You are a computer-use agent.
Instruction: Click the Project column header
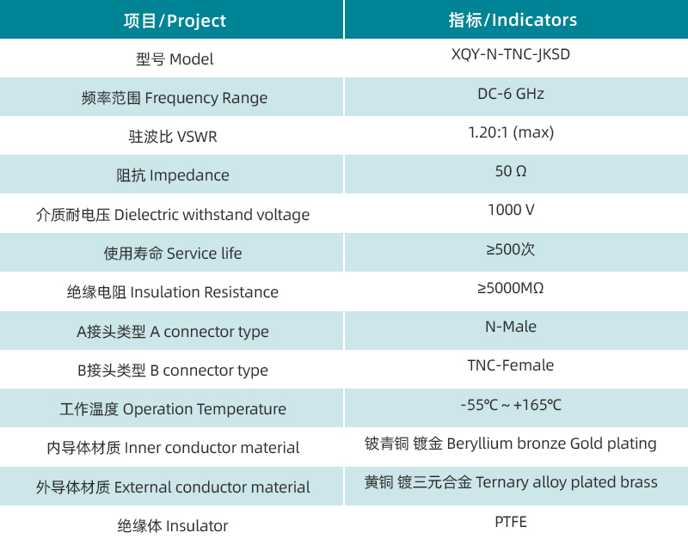(175, 20)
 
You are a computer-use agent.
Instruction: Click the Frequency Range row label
(175, 98)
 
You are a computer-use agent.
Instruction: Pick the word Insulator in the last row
(197, 526)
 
